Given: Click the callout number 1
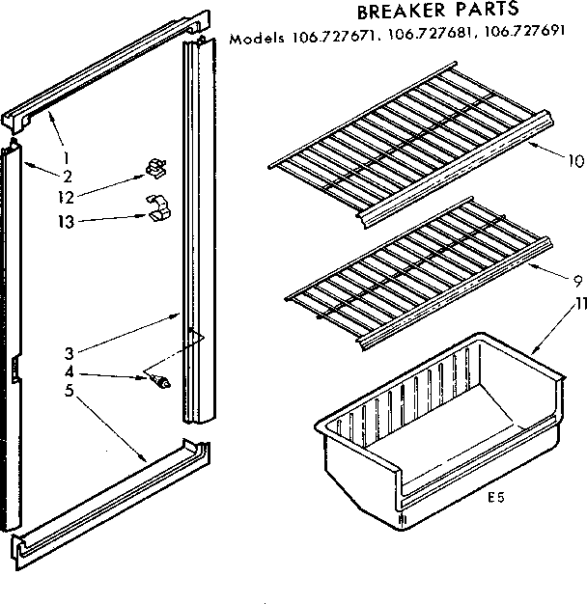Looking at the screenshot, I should [x=67, y=158].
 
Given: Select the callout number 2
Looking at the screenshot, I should [x=67, y=175].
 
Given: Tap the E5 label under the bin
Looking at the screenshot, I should [x=496, y=498].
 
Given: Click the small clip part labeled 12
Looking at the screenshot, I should [x=154, y=171].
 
